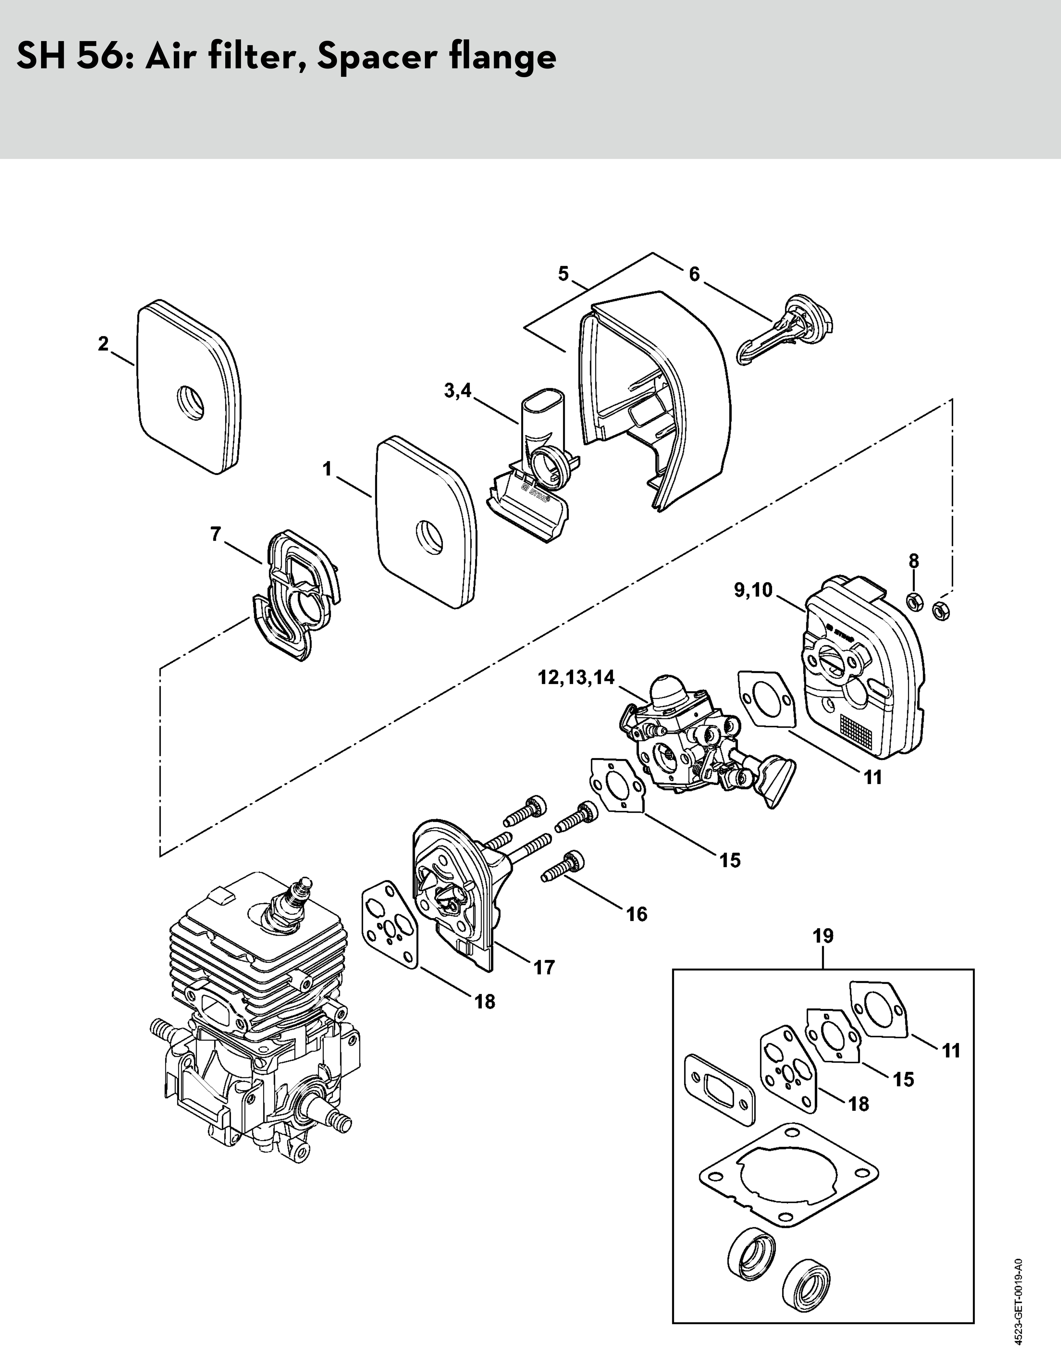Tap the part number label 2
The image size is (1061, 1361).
click(x=103, y=343)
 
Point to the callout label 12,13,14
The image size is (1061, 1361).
click(x=576, y=677)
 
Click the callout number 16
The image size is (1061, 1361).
click(x=636, y=914)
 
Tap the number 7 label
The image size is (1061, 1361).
click(x=216, y=534)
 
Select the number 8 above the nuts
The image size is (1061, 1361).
click(x=913, y=561)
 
